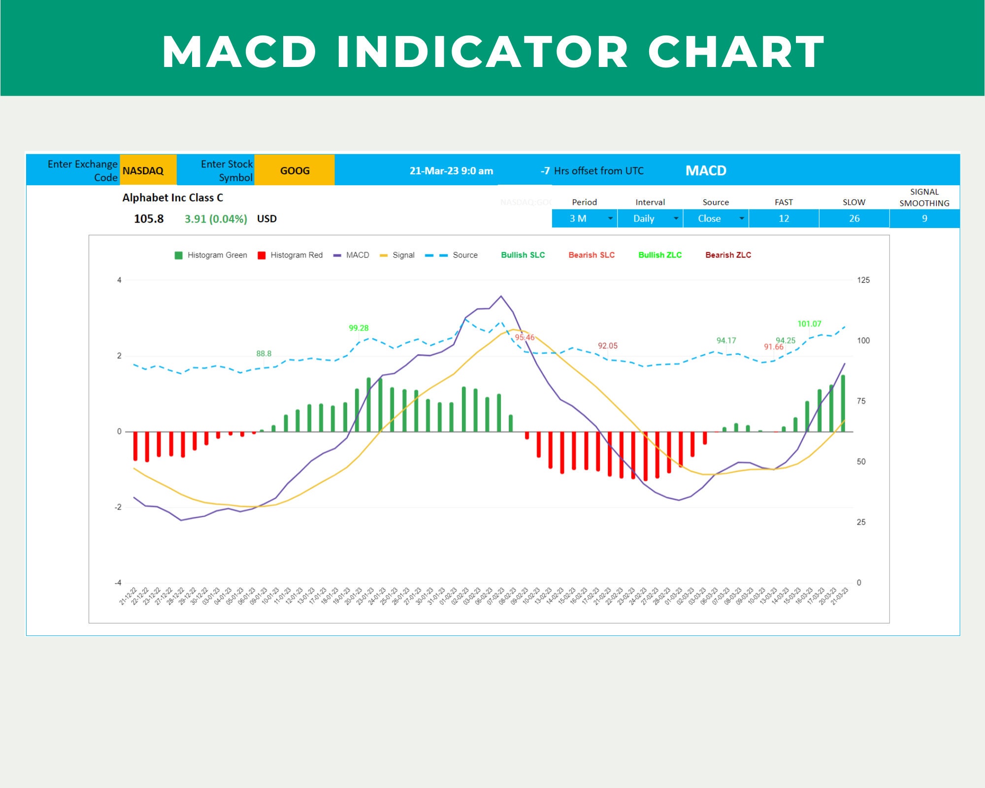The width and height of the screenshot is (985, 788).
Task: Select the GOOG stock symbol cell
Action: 295,170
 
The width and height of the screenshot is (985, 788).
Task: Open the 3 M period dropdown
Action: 584,218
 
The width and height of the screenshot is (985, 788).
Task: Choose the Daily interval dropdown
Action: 650,218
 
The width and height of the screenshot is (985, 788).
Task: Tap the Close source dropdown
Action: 716,218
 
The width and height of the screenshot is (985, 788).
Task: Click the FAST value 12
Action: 784,218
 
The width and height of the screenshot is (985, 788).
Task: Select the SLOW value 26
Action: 854,218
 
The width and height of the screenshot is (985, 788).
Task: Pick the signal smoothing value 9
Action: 924,218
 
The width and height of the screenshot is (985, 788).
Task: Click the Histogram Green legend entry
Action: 211,255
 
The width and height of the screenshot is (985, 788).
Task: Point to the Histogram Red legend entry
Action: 291,255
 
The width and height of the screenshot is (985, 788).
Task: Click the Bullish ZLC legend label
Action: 660,255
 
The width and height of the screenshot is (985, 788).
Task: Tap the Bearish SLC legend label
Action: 591,255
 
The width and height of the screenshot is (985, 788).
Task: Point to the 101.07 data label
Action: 809,324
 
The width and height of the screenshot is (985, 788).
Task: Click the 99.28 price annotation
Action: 359,328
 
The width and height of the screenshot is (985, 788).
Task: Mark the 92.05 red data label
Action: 607,346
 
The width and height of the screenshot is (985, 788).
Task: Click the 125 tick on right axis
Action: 863,280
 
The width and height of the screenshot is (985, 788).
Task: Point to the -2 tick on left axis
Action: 118,507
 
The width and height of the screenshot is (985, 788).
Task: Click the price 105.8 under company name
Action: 149,219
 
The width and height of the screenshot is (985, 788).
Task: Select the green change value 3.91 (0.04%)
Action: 216,219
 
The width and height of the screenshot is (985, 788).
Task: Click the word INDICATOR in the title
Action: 482,52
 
